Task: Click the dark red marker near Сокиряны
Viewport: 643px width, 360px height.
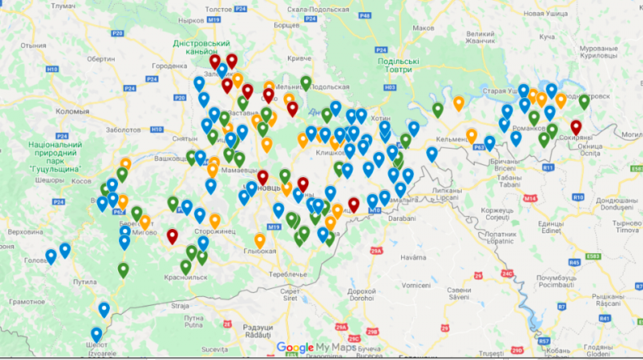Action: (576, 127)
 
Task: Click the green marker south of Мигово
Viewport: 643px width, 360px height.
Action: (123, 269)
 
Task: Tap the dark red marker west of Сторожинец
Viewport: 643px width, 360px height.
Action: (172, 236)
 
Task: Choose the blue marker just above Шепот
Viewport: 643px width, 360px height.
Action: (97, 334)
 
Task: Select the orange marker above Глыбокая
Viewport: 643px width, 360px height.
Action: (260, 240)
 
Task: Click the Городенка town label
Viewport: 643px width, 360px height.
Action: (170, 66)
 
